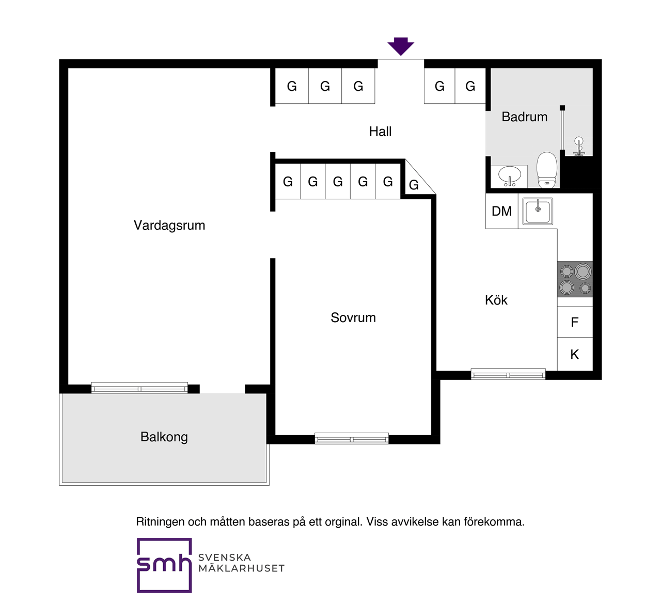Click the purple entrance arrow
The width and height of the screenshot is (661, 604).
pyautogui.click(x=400, y=46)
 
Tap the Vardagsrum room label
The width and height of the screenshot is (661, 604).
pyautogui.click(x=169, y=226)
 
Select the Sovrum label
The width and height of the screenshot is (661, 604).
pyautogui.click(x=353, y=317)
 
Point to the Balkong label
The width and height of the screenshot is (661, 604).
pyautogui.click(x=164, y=437)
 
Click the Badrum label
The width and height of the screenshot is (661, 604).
pyautogui.click(x=524, y=117)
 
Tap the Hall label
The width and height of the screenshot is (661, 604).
pyautogui.click(x=380, y=132)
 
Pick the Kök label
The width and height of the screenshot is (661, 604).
pyautogui.click(x=496, y=300)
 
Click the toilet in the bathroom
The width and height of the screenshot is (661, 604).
pyautogui.click(x=547, y=170)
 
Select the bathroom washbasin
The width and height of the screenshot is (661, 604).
pyautogui.click(x=509, y=176)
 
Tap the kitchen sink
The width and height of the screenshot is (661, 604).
pyautogui.click(x=538, y=211)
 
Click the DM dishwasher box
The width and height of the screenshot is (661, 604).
pyautogui.click(x=501, y=211)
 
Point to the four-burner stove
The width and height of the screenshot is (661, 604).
pyautogui.click(x=575, y=279)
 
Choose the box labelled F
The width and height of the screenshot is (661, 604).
pyautogui.click(x=575, y=322)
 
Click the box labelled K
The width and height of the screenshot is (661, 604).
pyautogui.click(x=575, y=354)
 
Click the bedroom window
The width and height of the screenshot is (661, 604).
pyautogui.click(x=352, y=439)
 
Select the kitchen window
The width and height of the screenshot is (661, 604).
pyautogui.click(x=508, y=374)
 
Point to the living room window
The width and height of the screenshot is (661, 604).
pyautogui.click(x=139, y=388)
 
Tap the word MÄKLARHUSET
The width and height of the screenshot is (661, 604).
pyautogui.click(x=242, y=568)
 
